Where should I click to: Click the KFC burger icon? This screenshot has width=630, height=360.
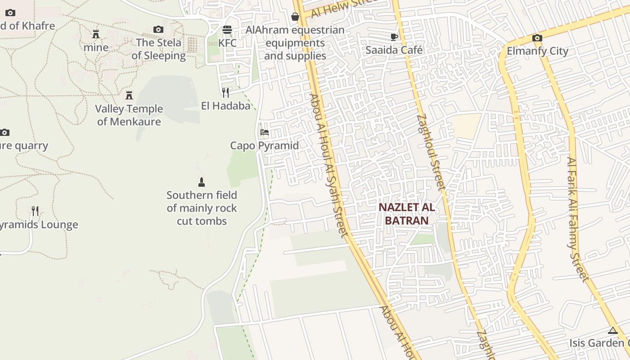[x=227, y=30]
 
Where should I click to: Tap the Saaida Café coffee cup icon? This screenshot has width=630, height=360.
[x=394, y=37]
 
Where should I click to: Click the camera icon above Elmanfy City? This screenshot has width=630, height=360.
[x=537, y=38]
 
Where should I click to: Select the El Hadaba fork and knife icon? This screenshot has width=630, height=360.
[x=225, y=93]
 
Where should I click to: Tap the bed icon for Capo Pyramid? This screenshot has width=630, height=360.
[x=265, y=132]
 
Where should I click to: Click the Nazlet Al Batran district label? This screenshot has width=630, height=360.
[x=406, y=214]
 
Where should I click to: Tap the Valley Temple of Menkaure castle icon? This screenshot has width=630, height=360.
[x=129, y=95]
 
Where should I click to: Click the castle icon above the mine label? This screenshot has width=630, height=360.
[x=96, y=34]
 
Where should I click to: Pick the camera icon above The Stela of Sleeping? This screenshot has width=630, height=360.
[x=158, y=30]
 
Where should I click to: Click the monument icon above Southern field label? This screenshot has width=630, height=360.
[x=202, y=182]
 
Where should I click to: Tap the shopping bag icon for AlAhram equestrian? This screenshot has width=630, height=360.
[x=295, y=17]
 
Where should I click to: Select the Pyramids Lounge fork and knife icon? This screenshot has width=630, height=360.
[x=35, y=211]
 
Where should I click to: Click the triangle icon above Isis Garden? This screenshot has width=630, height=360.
[x=612, y=331]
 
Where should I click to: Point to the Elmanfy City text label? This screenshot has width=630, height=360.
[x=537, y=51]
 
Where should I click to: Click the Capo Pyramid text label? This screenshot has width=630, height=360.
[x=264, y=145]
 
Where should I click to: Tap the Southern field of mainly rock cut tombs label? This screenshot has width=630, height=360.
[x=202, y=208]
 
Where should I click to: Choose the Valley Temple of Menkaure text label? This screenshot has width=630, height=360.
[x=129, y=115]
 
